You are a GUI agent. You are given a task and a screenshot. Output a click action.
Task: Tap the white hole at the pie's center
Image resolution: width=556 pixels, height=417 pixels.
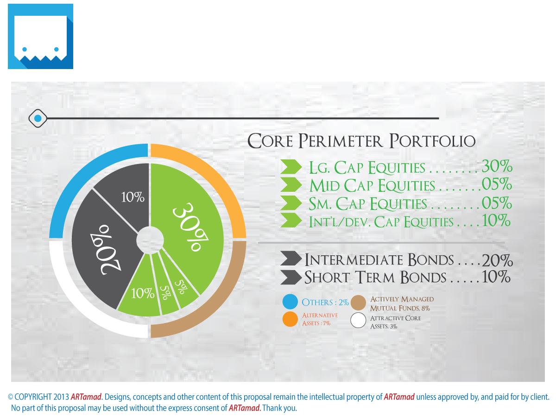click(150, 240)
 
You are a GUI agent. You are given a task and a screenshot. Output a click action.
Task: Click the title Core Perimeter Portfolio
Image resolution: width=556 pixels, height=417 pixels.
click(361, 140)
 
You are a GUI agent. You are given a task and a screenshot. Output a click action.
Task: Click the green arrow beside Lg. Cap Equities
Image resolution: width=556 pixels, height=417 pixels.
click(291, 167)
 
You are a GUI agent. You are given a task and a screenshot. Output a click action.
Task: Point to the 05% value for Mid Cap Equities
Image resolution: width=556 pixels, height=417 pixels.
click(497, 185)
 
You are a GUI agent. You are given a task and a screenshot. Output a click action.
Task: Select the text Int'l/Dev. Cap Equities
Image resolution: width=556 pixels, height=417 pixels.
click(381, 221)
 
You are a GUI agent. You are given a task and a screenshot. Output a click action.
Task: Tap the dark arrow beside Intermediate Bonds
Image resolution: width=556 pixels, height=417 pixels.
click(291, 259)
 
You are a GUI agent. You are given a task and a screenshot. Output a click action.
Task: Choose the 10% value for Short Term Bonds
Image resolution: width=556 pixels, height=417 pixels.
click(496, 277)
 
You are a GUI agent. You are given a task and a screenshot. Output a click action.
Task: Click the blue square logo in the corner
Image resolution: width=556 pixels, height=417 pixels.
click(41, 37)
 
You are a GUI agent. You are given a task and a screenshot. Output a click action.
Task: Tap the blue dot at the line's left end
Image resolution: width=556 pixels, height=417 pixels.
click(38, 119)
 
